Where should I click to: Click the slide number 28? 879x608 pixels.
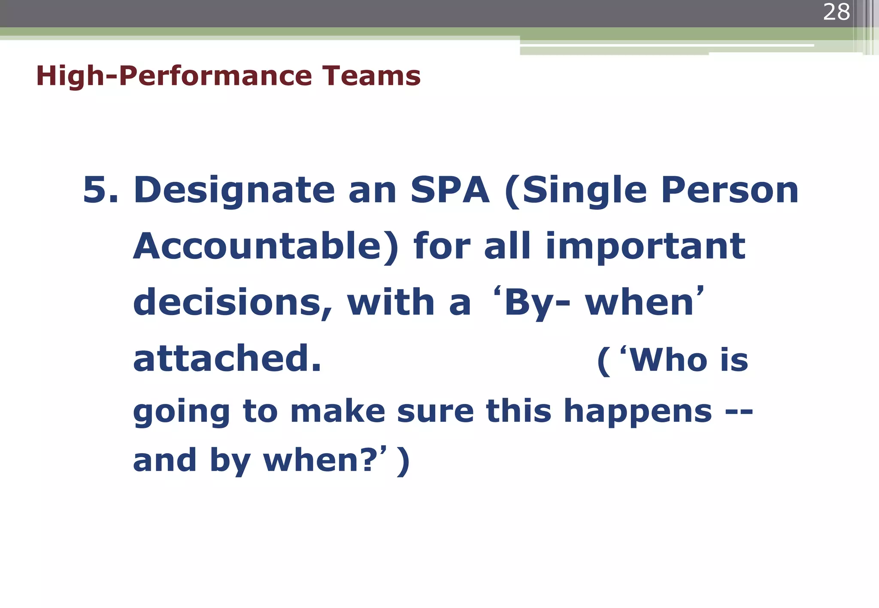click(836, 12)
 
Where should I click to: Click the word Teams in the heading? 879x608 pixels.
click(371, 76)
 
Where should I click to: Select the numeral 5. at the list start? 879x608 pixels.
click(100, 190)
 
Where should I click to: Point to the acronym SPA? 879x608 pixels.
click(450, 190)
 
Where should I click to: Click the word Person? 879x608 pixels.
click(729, 190)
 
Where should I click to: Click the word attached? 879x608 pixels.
click(227, 358)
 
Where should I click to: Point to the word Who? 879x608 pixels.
click(669, 360)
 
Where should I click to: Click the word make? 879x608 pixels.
click(338, 412)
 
